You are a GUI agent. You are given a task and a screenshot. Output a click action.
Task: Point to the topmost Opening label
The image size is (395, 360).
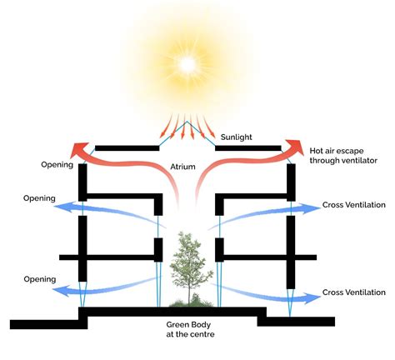[x=57, y=164]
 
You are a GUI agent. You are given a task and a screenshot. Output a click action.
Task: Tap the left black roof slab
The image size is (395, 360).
[x=127, y=148]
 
